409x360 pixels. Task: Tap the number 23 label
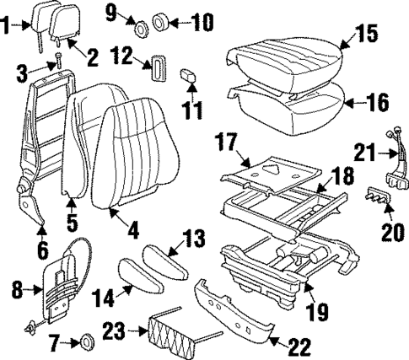coord(114,332)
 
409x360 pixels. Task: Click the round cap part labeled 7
coord(84,342)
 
